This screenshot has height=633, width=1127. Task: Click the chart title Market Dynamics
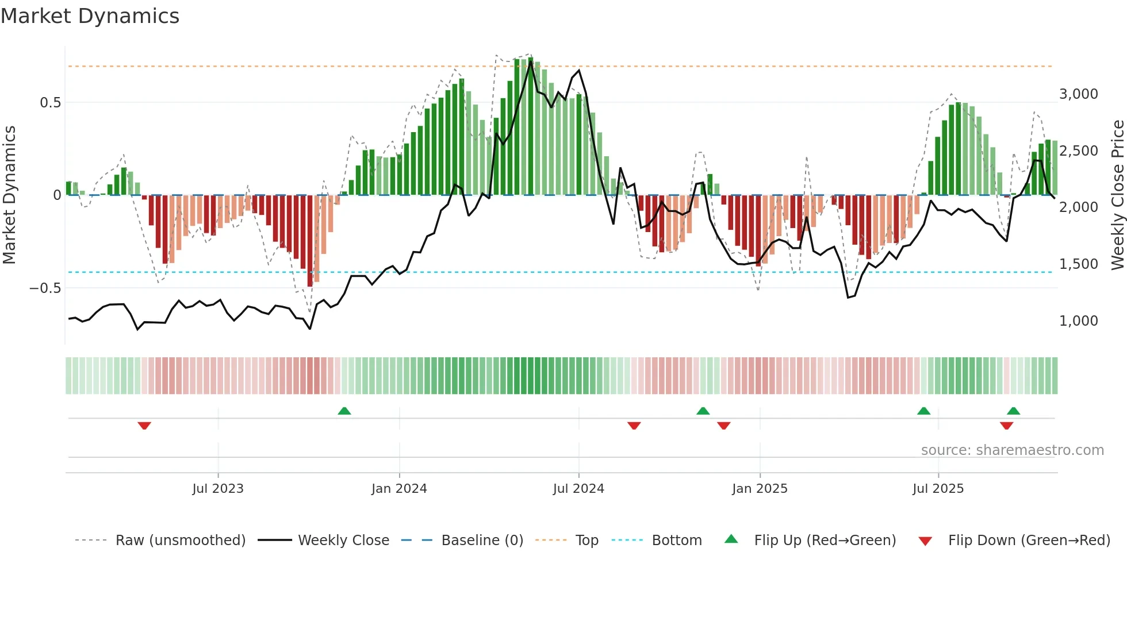[x=90, y=16]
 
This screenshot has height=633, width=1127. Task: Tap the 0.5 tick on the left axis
[x=50, y=103]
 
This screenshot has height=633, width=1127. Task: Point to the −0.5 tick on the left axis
[x=45, y=288]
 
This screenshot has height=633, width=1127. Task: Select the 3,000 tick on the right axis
[x=1078, y=94]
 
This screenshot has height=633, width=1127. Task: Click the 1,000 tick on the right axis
[x=1078, y=321]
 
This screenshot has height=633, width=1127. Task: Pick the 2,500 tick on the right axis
[x=1078, y=151]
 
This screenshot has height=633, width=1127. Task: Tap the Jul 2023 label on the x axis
[x=218, y=489]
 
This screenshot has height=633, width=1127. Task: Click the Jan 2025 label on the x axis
[x=760, y=489]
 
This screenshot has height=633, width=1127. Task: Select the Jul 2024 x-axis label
[x=578, y=489]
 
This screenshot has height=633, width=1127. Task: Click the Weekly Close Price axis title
[x=1117, y=195]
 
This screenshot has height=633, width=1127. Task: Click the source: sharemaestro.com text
[x=1012, y=450]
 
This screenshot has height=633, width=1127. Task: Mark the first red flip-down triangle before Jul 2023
[x=144, y=426]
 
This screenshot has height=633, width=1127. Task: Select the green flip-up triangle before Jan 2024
[x=344, y=411]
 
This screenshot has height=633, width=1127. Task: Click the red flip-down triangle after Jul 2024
[x=634, y=426]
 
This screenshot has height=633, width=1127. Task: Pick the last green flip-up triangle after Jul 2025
[x=1014, y=411]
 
